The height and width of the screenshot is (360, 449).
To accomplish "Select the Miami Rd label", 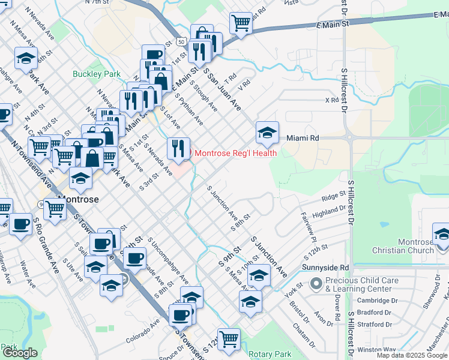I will [302, 138].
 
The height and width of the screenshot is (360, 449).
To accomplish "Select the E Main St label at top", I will [332, 25].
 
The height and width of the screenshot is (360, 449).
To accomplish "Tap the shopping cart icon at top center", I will [240, 23].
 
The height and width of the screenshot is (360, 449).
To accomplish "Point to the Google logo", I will [20, 353].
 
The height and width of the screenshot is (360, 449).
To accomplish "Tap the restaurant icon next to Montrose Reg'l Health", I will [178, 148].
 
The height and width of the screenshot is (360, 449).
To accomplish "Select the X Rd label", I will [331, 100].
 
